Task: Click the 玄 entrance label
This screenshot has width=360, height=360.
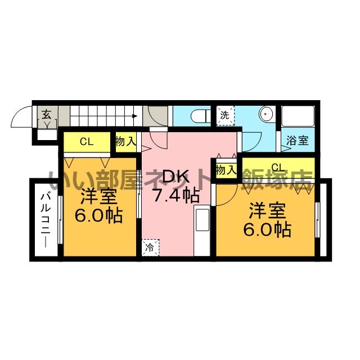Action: pos(46,114)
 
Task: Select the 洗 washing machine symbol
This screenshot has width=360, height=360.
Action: pos(225,115)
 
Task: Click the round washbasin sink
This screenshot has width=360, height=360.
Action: pos(265,114)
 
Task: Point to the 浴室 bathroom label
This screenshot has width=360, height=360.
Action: pos(298,140)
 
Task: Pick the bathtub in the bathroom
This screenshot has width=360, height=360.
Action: pos(298,116)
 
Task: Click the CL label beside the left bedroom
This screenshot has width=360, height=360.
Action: pos(87,142)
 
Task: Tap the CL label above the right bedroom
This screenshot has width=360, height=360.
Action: pos(278,167)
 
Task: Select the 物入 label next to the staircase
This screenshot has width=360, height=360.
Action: pos(126,141)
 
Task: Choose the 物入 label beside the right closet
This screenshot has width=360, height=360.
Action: pos(226,170)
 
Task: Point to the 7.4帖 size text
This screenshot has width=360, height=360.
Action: pos(176,196)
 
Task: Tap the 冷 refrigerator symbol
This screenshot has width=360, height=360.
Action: pos(150,247)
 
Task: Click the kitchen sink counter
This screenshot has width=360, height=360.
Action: pos(202,231)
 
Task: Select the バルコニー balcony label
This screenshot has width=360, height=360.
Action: pos(46,220)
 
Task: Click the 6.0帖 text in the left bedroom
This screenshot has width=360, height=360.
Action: pos(98,215)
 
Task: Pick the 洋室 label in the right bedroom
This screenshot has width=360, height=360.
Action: pos(268,210)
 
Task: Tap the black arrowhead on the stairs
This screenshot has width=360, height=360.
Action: pos(135,116)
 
